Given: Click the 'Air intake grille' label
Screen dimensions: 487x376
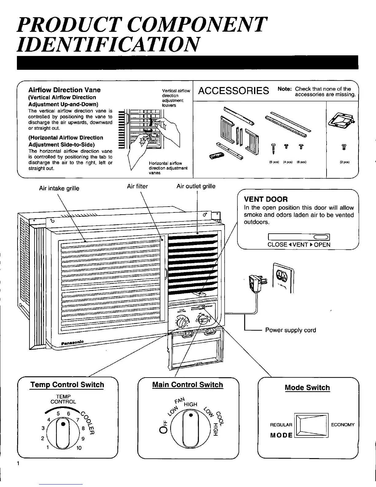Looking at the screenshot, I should click(x=59, y=188).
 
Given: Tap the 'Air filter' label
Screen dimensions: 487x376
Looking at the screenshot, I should click(x=137, y=186).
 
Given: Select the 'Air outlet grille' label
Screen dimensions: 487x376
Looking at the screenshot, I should click(x=196, y=186).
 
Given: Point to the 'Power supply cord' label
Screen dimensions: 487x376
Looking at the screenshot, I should click(x=290, y=330).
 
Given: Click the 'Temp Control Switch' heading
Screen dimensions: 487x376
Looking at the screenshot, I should click(x=67, y=385).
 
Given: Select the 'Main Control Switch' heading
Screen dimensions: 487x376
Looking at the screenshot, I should click(x=187, y=385).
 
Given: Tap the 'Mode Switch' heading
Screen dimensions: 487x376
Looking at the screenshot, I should click(x=307, y=387).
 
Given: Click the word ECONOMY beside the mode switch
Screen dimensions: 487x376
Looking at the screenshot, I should click(x=343, y=425).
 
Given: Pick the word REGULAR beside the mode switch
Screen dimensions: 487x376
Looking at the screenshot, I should click(x=281, y=425).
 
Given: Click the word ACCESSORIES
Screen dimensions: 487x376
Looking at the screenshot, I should click(x=233, y=91).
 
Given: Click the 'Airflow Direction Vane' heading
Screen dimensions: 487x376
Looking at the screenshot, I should click(x=64, y=90).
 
